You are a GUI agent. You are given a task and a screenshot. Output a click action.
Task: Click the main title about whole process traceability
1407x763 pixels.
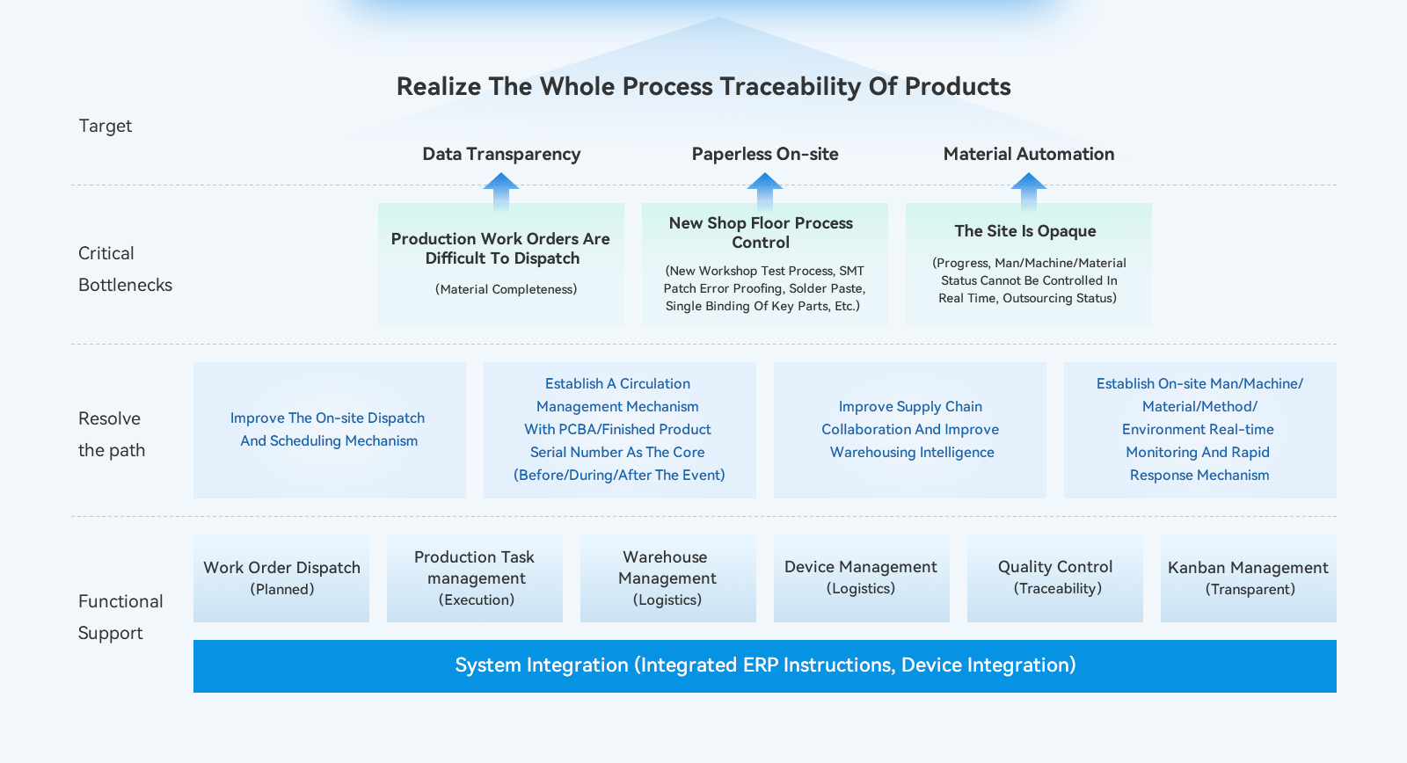[x=703, y=86]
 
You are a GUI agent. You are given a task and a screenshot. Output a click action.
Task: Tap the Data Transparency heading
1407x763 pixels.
[x=501, y=154]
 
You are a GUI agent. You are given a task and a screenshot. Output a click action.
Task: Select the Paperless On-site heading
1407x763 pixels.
[x=765, y=154]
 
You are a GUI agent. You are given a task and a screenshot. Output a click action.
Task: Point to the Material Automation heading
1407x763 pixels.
[x=1029, y=154]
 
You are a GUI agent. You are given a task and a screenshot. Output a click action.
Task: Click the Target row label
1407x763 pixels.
[x=106, y=126]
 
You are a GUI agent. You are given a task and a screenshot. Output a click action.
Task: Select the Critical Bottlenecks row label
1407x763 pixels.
[x=125, y=269]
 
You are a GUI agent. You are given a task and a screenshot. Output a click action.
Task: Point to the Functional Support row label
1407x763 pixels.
[x=120, y=617]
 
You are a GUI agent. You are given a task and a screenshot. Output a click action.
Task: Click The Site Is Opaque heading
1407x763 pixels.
[x=1025, y=231]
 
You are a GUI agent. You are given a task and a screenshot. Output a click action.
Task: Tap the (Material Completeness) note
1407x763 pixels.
[x=507, y=289]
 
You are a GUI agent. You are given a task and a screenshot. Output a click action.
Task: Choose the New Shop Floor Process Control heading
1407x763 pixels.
[x=761, y=233]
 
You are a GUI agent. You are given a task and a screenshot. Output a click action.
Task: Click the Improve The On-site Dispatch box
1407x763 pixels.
[x=329, y=430]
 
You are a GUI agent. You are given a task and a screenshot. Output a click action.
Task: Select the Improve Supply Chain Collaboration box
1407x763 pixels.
[x=910, y=430]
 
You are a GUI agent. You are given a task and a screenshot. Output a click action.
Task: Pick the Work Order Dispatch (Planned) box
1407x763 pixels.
[x=281, y=578]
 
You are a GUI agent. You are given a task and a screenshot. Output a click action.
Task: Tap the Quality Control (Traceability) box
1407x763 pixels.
[x=1055, y=578]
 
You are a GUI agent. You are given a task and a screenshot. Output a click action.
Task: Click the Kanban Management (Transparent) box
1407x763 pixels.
[x=1249, y=578]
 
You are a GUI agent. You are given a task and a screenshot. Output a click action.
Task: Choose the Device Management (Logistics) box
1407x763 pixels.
[x=862, y=578]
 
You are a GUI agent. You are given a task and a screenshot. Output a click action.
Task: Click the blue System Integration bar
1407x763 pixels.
[x=765, y=665]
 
